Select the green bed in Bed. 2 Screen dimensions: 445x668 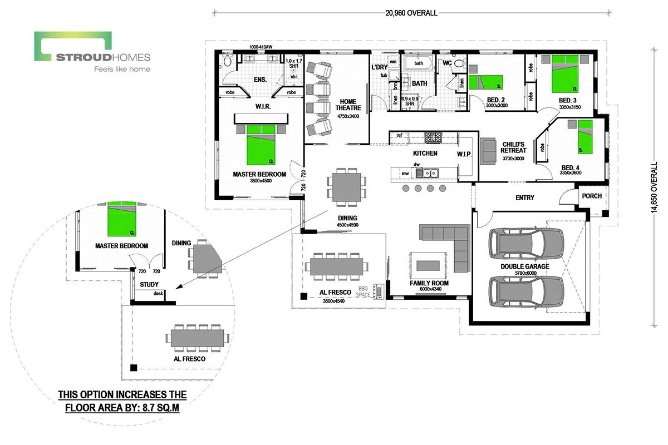[485, 82]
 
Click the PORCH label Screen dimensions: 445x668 [591, 196]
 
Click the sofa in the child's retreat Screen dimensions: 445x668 [489, 151]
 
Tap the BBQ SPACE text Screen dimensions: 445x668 [364, 291]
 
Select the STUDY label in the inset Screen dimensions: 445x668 [149, 284]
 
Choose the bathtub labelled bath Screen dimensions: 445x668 [419, 63]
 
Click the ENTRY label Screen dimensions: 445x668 [524, 197]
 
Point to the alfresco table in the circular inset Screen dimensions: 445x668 [194, 338]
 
